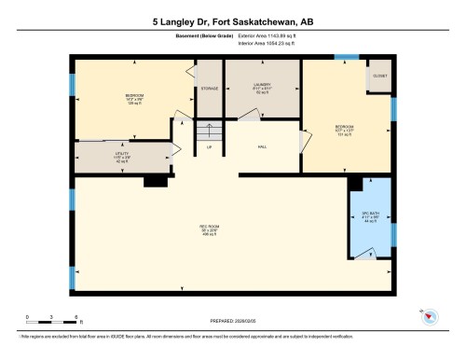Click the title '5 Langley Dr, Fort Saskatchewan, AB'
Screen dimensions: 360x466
pyautogui.click(x=232, y=20)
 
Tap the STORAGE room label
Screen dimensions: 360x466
pyautogui.click(x=209, y=89)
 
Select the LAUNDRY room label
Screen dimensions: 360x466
pyautogui.click(x=262, y=90)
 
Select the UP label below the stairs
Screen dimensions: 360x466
pyautogui.click(x=209, y=146)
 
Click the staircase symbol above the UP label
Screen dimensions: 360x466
pyautogui.click(x=209, y=132)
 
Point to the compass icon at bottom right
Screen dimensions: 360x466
pyautogui.click(x=429, y=317)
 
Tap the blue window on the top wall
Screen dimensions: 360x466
pyautogui.click(x=346, y=58)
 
